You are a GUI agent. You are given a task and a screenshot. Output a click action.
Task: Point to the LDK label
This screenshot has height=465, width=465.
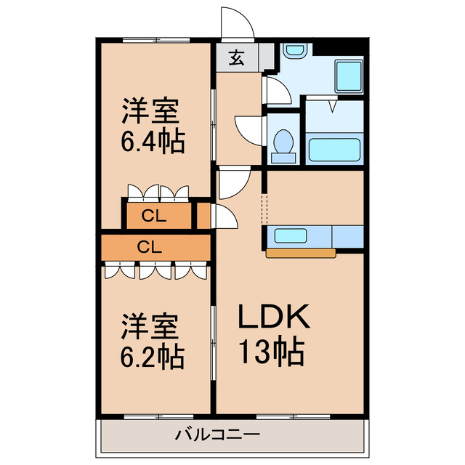(275, 317)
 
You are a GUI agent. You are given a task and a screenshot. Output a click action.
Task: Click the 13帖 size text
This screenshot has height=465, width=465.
(272, 352)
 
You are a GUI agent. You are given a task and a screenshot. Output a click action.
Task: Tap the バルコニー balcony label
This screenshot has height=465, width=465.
(217, 436)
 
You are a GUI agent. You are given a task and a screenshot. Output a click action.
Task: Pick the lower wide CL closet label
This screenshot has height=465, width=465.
(149, 246)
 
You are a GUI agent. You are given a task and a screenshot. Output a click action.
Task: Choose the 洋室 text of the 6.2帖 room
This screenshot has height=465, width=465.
(150, 326)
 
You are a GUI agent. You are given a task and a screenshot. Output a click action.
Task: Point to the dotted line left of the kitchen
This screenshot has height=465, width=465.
(264, 211)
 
